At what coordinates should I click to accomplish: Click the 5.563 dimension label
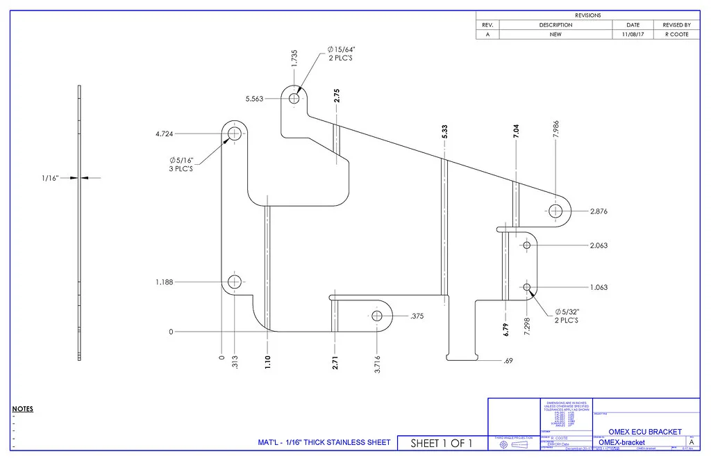click(254, 99)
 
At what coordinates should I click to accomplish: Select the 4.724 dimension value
click(165, 134)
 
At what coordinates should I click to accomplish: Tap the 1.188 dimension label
click(165, 282)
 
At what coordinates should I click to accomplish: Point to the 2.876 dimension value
click(599, 211)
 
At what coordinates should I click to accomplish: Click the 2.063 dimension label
click(599, 245)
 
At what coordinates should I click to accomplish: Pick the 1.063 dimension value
click(599, 287)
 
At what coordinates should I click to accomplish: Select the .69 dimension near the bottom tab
click(509, 361)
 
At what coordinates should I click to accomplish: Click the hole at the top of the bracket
click(294, 99)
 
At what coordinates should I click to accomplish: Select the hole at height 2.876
click(555, 211)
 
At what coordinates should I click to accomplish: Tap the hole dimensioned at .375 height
click(377, 316)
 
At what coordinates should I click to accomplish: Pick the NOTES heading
click(23, 409)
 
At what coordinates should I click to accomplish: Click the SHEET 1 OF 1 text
click(442, 443)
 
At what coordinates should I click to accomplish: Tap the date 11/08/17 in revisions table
click(633, 34)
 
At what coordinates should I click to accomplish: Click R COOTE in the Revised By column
click(676, 34)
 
